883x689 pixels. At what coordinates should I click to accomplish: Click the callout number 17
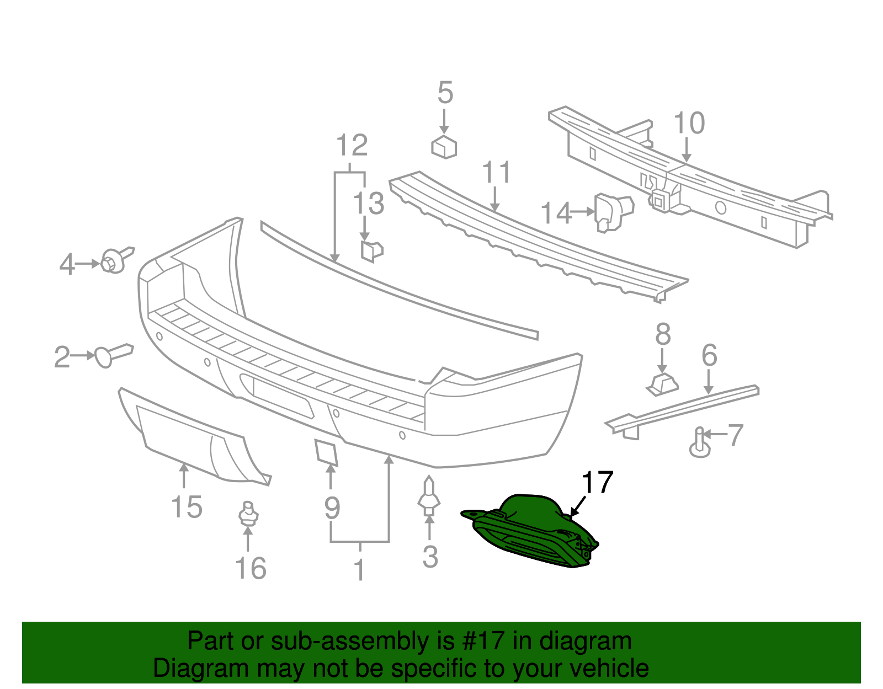pos(598,483)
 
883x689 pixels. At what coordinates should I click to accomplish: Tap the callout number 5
pos(445,93)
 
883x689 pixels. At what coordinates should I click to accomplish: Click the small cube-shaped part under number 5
pos(444,147)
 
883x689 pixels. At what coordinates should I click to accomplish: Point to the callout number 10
pos(689,123)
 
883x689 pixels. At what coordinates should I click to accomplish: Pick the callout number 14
pos(556,213)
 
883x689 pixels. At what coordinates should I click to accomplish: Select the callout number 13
pos(369,204)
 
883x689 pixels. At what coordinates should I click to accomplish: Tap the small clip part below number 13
pos(371,250)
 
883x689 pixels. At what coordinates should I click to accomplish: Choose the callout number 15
pos(187,507)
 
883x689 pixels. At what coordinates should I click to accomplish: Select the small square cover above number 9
pos(326,451)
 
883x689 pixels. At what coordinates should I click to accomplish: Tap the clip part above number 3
pos(429,497)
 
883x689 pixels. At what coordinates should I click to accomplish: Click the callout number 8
pos(663,334)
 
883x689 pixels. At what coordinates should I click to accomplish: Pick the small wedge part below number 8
pos(663,383)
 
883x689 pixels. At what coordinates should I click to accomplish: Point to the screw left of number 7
pos(699,443)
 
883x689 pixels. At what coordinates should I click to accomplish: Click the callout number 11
pos(497,173)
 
